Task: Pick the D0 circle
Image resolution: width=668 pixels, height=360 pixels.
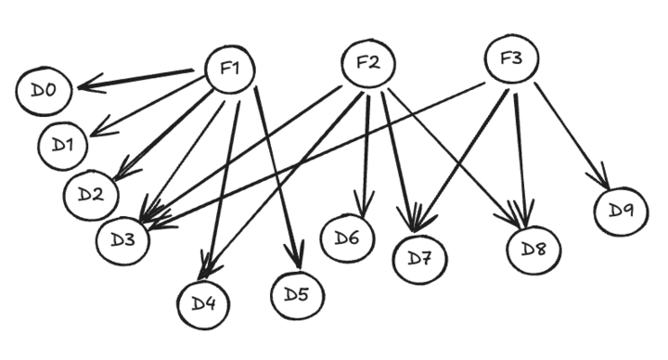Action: (44, 90)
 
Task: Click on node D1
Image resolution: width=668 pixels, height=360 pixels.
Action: (64, 145)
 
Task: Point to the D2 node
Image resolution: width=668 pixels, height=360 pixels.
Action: (91, 194)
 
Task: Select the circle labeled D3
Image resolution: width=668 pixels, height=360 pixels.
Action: (123, 239)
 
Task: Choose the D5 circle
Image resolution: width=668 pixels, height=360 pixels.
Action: (297, 295)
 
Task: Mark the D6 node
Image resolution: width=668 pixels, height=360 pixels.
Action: (347, 238)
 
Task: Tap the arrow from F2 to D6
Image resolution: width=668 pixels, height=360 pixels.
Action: (366, 148)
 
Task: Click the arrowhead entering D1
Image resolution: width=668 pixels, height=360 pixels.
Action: (100, 131)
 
